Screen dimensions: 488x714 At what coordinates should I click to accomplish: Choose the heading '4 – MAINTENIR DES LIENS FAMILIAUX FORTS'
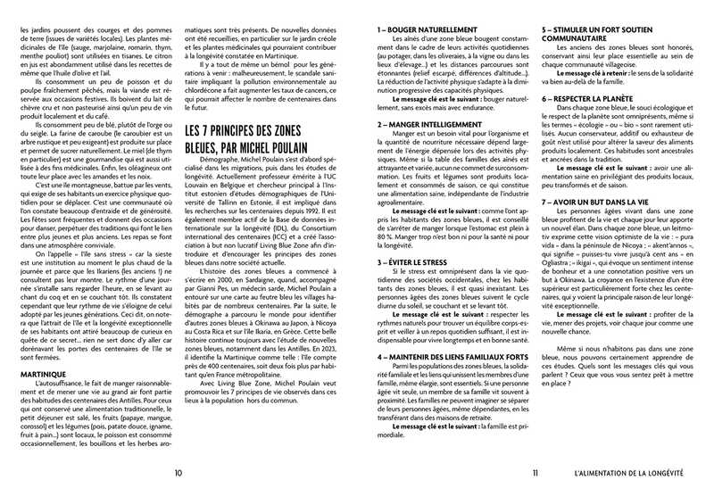454,333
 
